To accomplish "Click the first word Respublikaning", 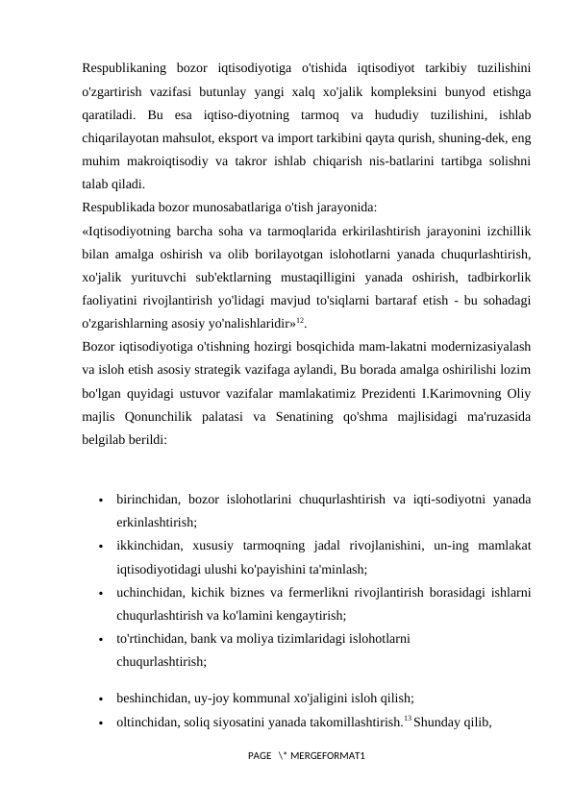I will (x=122, y=67).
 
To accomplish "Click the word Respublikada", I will (x=118, y=206).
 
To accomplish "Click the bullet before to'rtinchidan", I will (x=100, y=639).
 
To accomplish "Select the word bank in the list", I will (x=218, y=638).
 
